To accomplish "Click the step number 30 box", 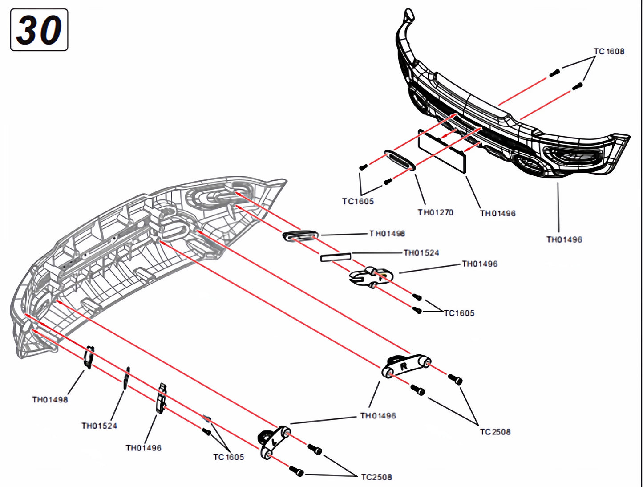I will pyautogui.click(x=39, y=30).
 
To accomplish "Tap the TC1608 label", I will pyautogui.click(x=609, y=52).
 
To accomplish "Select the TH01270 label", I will pyautogui.click(x=435, y=212).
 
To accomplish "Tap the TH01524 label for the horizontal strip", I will pyautogui.click(x=421, y=253).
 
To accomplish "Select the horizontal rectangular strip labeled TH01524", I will pyautogui.click(x=336, y=257).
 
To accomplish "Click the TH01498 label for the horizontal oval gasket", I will pyautogui.click(x=387, y=234).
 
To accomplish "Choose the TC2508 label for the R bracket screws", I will pyautogui.click(x=495, y=432).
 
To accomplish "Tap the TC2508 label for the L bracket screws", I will pyautogui.click(x=376, y=477).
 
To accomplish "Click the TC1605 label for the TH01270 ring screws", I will pyautogui.click(x=358, y=201).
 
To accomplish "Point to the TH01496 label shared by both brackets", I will pyautogui.click(x=378, y=416).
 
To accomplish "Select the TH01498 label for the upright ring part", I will pyautogui.click(x=50, y=400).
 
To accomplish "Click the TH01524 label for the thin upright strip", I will pyautogui.click(x=99, y=426).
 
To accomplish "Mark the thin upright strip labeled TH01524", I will pyautogui.click(x=127, y=378).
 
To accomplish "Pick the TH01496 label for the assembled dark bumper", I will pyautogui.click(x=564, y=239).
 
